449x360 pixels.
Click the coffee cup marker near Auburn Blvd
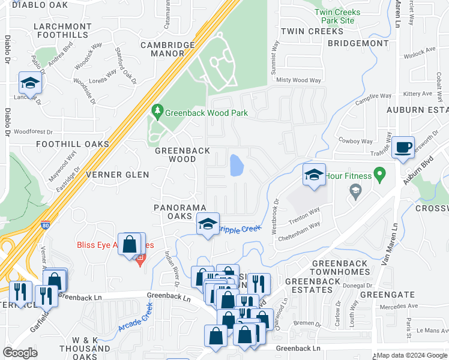tap(404, 147)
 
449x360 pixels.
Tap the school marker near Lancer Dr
tap(29, 82)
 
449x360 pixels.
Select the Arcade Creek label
tap(136, 317)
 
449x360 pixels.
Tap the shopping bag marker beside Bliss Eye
tap(130, 244)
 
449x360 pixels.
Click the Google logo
tap(20, 352)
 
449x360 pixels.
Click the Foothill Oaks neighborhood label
tap(73, 144)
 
